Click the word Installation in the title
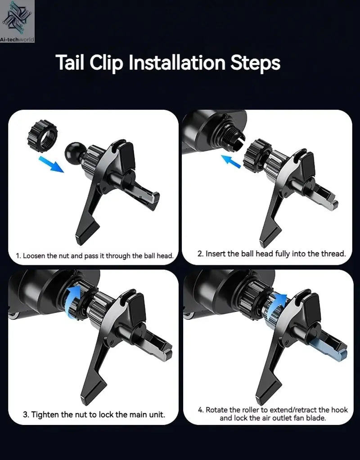pos(177,63)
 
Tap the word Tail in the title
pos(70,63)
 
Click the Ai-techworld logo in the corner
pos(17,21)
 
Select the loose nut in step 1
pos(42,136)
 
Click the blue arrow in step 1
pos(51,164)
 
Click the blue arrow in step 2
pos(231,161)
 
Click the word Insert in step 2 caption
pos(214,254)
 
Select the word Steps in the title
pos(255,63)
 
